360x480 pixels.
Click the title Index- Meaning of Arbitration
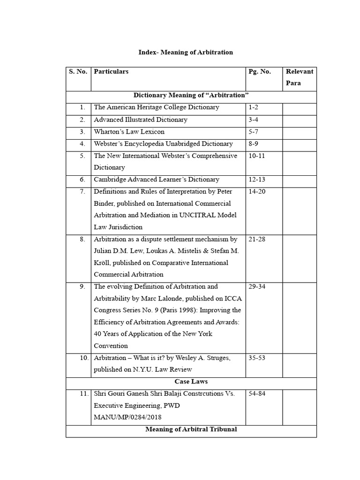(x=186, y=52)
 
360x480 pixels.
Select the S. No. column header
(x=78, y=72)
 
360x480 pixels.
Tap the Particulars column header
(x=111, y=72)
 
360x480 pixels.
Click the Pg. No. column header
(x=260, y=72)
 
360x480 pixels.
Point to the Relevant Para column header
(x=299, y=77)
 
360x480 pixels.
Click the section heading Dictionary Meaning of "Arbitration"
(x=191, y=95)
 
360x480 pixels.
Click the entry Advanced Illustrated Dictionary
(x=141, y=120)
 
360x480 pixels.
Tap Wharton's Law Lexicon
(x=129, y=132)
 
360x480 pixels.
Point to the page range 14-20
(x=257, y=192)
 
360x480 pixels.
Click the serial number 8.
(x=82, y=239)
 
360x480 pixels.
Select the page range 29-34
(x=257, y=286)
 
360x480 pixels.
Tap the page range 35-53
(x=257, y=358)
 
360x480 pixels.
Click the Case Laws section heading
(x=191, y=382)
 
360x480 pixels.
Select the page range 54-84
(x=257, y=393)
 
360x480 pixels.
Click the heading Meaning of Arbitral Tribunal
(x=191, y=429)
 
